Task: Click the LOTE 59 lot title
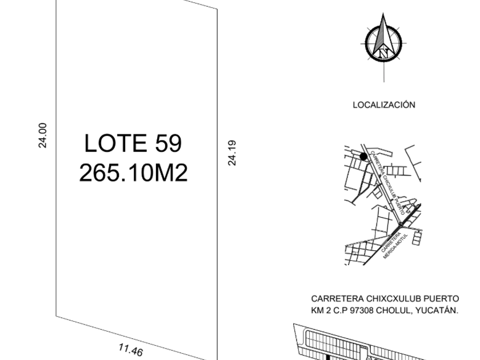133,143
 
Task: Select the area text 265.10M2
133,173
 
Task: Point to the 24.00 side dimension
42,135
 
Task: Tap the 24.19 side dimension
232,153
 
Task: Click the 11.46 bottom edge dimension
130,350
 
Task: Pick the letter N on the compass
383,53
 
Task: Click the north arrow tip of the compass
383,13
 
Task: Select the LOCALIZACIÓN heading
384,105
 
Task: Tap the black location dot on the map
363,157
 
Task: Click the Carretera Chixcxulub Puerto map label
388,182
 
